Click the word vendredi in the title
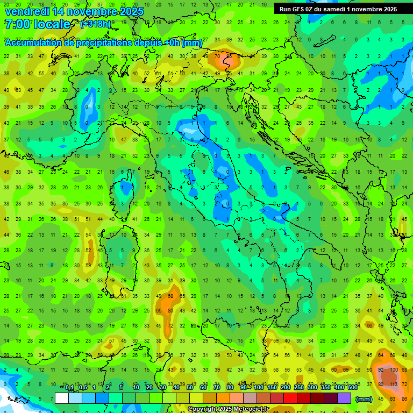(27, 11)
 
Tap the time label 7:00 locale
(37, 24)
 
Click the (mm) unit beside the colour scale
(364, 399)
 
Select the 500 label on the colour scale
(352, 388)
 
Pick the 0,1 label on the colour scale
(69, 388)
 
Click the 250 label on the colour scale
(298, 388)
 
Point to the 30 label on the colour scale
(163, 388)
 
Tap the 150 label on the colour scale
(272, 388)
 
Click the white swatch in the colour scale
(62, 398)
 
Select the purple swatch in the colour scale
(344, 398)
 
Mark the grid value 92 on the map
(381, 370)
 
